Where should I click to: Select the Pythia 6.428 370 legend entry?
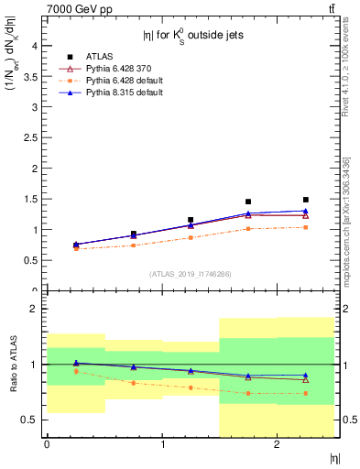(x=114, y=68)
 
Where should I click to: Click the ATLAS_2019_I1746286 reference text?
(x=190, y=273)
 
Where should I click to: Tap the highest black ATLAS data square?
(x=306, y=200)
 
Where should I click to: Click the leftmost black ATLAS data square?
(x=75, y=245)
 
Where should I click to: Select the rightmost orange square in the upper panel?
(x=306, y=227)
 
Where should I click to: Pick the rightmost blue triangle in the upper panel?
(x=306, y=211)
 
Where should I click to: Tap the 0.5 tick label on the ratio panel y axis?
(x=32, y=420)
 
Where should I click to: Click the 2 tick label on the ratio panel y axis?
(x=35, y=309)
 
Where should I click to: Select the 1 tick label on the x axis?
(x=162, y=444)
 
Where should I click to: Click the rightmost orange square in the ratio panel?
(x=306, y=393)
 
